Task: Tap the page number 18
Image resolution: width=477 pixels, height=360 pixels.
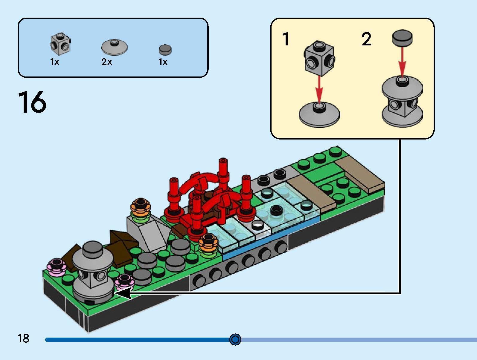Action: coord(24,339)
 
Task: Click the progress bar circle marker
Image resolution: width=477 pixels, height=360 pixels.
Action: coord(235,339)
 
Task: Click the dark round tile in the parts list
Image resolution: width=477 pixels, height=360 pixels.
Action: coord(165,49)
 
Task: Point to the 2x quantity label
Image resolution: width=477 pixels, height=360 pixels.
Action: coord(107,62)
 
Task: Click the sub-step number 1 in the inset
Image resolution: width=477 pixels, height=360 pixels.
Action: coord(286,39)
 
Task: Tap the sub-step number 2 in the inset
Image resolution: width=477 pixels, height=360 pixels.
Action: coord(366,39)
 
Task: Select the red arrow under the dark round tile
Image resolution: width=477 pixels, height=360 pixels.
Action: coord(402,61)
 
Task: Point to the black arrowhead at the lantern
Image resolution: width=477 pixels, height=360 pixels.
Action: coord(123,293)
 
